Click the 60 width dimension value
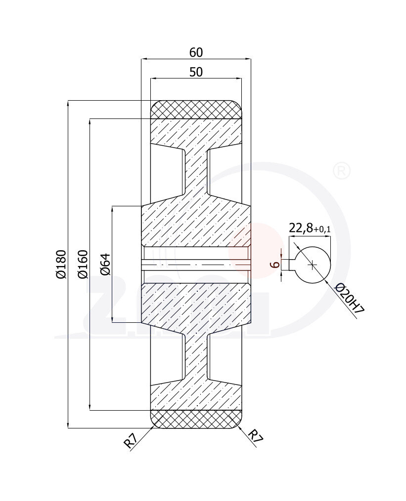tap(196, 52)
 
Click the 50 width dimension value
tap(196, 72)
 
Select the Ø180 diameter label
tap(61, 265)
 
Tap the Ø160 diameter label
tap(83, 265)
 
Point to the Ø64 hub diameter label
tap(105, 265)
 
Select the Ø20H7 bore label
tap(350, 299)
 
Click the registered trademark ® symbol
tap(342, 171)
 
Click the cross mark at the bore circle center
tap(312, 265)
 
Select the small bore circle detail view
tap(313, 265)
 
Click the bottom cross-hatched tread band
tap(196, 419)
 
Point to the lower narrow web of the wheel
tap(196, 358)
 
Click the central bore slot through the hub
tap(196, 265)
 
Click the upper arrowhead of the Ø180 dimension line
tap(68, 103)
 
